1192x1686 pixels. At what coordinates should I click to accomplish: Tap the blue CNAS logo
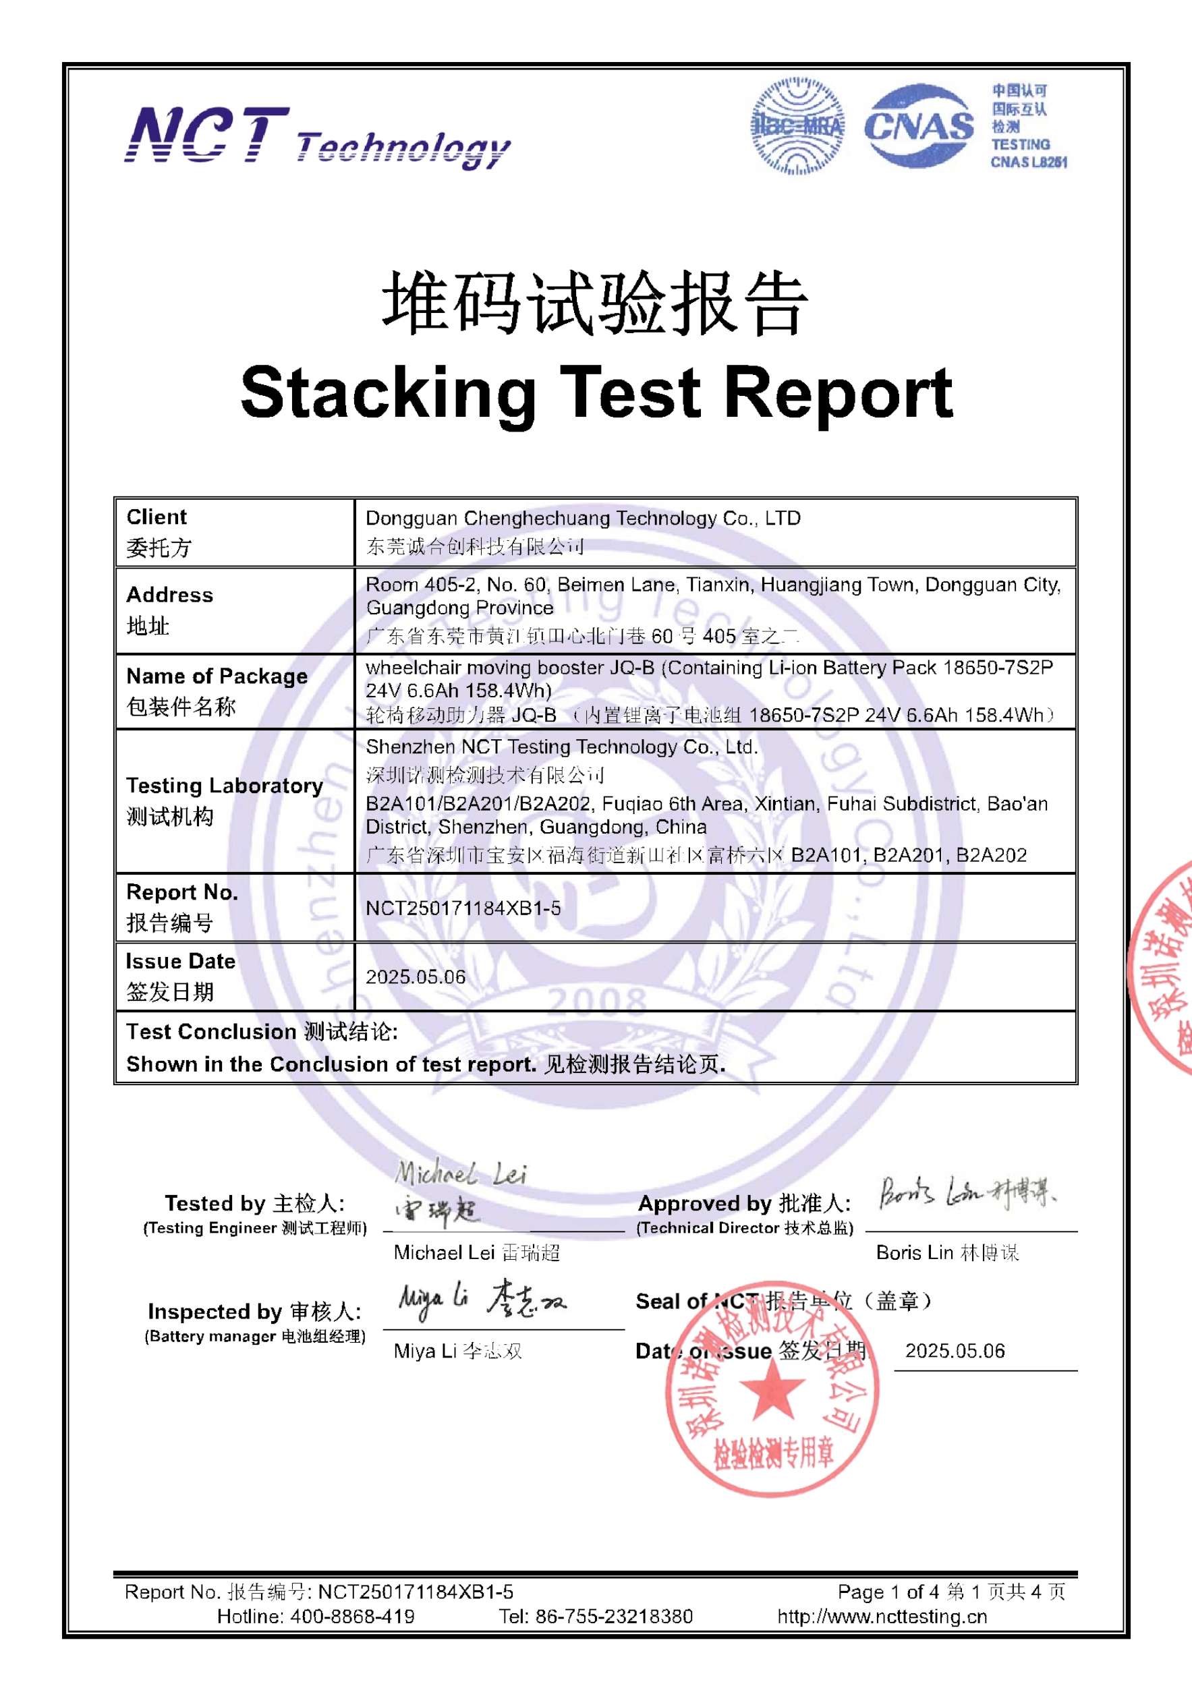pos(918,126)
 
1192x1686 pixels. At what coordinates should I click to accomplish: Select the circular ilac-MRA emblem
pos(797,126)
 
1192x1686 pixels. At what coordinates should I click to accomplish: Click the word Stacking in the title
pos(388,394)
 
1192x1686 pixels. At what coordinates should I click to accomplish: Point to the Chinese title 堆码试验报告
pos(595,304)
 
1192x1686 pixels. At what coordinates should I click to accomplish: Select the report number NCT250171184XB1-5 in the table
pos(463,908)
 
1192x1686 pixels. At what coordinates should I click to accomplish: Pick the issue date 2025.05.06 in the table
pos(416,977)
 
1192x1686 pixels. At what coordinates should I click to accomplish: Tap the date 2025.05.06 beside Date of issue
pos(954,1351)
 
